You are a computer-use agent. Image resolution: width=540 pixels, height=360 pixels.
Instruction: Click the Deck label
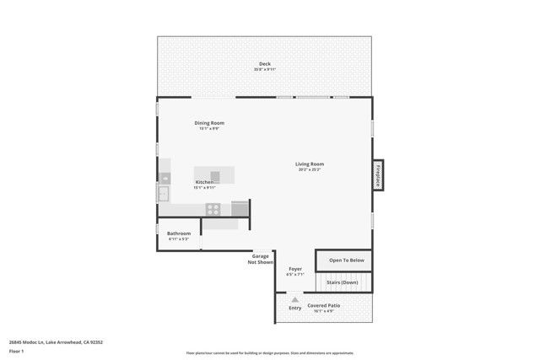pyautogui.click(x=264, y=64)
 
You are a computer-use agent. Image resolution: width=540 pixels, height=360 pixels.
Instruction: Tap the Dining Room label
pyautogui.click(x=209, y=123)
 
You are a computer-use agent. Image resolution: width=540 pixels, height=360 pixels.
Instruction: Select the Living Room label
pyautogui.click(x=310, y=164)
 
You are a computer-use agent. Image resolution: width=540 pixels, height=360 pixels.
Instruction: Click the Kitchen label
pyautogui.click(x=205, y=182)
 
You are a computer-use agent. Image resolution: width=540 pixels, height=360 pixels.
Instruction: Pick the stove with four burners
pyautogui.click(x=213, y=210)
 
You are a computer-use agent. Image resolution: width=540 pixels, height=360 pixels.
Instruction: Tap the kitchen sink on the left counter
pyautogui.click(x=162, y=194)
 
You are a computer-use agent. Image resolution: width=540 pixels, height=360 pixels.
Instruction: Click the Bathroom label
pyautogui.click(x=178, y=234)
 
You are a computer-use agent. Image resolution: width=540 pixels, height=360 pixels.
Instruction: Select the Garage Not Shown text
pyautogui.click(x=261, y=259)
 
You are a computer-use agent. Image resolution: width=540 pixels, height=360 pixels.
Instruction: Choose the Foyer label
pyautogui.click(x=295, y=269)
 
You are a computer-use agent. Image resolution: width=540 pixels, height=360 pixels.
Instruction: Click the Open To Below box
pyautogui.click(x=346, y=261)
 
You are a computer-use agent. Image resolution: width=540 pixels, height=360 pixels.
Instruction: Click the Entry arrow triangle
pyautogui.click(x=294, y=299)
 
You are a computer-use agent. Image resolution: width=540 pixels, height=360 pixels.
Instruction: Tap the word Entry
pyautogui.click(x=294, y=308)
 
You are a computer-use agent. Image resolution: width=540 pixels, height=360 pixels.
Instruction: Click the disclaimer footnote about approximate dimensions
pyautogui.click(x=269, y=353)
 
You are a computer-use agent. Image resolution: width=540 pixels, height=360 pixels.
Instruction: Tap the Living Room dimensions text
pyautogui.click(x=310, y=170)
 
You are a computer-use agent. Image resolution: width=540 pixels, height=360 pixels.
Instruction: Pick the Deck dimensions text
pyautogui.click(x=264, y=70)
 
